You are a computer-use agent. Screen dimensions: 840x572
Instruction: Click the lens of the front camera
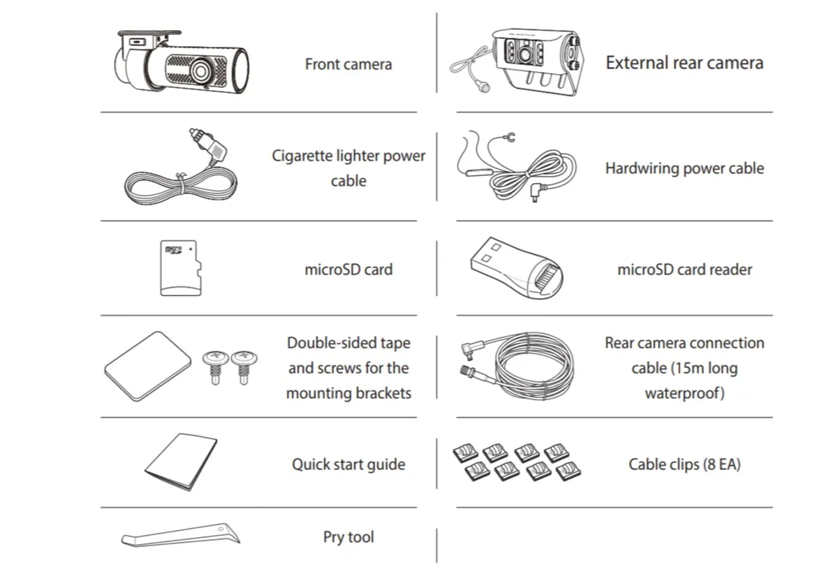(x=200, y=71)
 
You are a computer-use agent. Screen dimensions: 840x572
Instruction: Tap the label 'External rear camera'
(x=684, y=63)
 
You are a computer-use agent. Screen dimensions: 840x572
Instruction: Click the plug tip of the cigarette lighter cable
(x=193, y=131)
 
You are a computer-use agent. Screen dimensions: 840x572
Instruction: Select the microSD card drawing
(x=181, y=267)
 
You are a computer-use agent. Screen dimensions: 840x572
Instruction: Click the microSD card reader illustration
(x=517, y=267)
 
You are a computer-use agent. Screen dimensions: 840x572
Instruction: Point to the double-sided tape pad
(x=148, y=366)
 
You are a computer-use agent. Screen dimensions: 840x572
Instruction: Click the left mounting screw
(x=215, y=367)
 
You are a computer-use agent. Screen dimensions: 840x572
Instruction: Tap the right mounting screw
(x=244, y=367)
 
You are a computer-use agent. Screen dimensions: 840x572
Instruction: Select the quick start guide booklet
(x=181, y=462)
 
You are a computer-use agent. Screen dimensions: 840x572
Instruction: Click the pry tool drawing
(x=180, y=535)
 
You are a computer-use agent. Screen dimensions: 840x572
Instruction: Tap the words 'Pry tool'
(x=348, y=537)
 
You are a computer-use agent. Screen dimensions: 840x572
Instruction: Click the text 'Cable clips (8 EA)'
(x=684, y=464)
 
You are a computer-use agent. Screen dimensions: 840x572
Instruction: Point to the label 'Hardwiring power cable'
(x=684, y=168)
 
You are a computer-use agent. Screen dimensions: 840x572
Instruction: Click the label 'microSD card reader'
(x=685, y=270)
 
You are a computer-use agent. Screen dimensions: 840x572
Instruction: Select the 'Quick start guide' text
(x=348, y=464)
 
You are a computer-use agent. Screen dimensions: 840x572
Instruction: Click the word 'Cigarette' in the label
(x=302, y=156)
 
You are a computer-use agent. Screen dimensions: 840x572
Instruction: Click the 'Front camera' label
(x=348, y=64)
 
